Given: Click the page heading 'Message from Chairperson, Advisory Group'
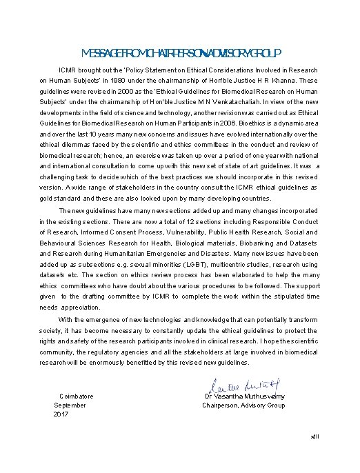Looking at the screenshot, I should (x=180, y=53).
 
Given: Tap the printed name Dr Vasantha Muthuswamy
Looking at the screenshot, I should (x=245, y=396).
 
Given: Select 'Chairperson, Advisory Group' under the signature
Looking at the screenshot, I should (x=243, y=405).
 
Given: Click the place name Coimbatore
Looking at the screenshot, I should (x=77, y=396).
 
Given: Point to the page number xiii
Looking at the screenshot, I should (x=315, y=437).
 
